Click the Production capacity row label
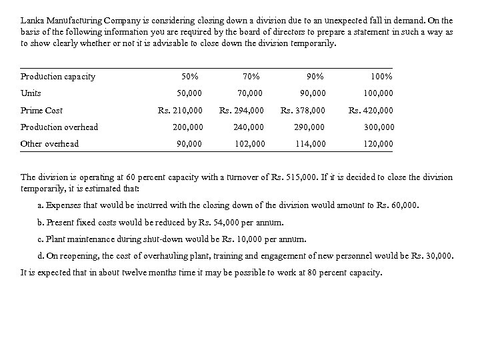(58, 77)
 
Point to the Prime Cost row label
(42, 111)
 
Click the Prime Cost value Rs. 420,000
(371, 111)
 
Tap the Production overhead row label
(59, 127)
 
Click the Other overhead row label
(50, 144)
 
